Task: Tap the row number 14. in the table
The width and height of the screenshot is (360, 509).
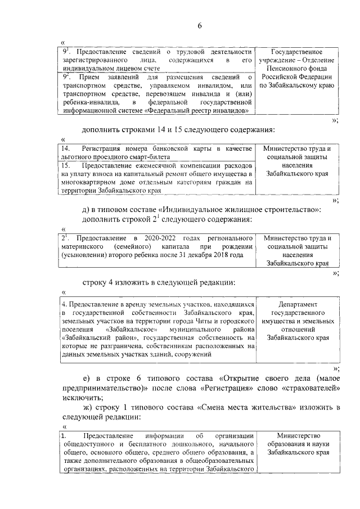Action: tap(66, 148)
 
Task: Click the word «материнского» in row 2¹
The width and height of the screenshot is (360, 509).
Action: tap(84, 247)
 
